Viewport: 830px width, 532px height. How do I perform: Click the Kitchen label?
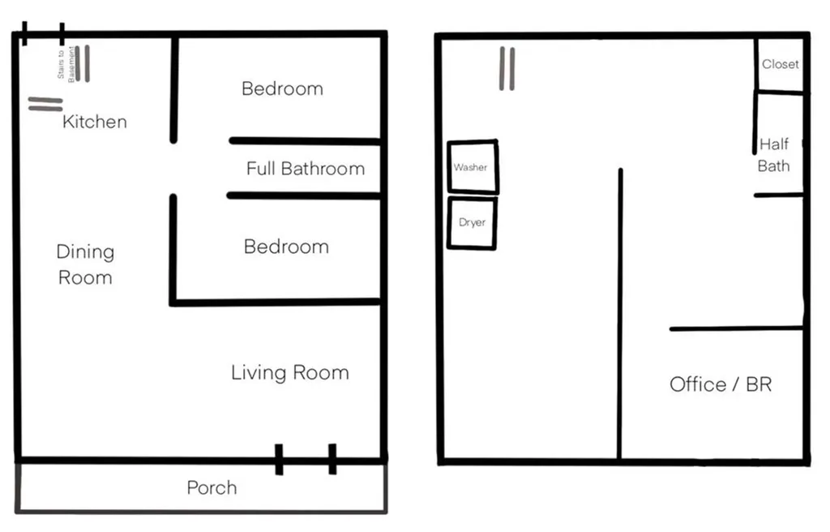95,122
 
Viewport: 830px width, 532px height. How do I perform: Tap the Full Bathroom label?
306,169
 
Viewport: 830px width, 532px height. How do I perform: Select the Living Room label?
290,372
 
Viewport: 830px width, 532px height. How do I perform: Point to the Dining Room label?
85,264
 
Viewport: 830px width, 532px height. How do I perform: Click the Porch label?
212,487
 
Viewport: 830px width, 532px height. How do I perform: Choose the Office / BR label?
721,384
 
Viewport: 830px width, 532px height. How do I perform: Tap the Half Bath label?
774,155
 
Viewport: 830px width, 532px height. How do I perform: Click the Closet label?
781,64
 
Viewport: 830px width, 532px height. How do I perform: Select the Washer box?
473,167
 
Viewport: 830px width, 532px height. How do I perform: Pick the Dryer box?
473,222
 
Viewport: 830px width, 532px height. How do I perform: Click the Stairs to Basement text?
66,63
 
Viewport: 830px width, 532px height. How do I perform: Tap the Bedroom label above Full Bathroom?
282,88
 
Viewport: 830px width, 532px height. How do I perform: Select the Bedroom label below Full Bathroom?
286,247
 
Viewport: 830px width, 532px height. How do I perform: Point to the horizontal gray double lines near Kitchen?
45,104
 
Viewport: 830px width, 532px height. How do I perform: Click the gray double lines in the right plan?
507,69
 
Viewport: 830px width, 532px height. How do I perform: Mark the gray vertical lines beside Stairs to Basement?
83,63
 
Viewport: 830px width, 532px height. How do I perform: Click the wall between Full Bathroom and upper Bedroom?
305,141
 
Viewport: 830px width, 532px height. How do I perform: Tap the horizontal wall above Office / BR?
736,328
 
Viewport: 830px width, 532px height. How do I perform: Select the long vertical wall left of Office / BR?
619,314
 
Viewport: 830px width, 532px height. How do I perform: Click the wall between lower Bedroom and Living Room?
276,302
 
